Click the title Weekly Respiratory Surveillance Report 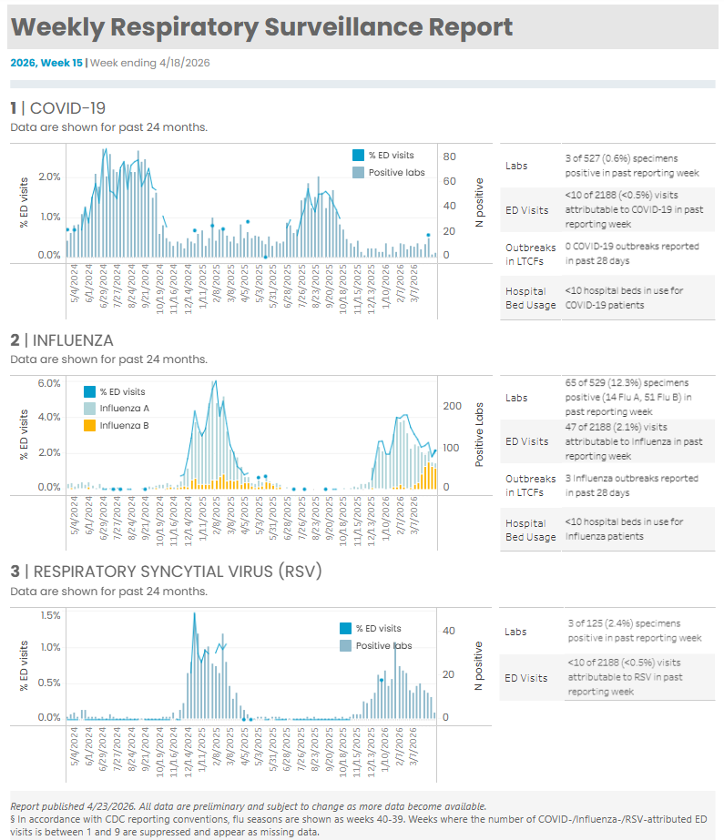262,27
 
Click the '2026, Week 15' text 46,63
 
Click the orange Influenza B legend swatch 89,425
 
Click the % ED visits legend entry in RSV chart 377,629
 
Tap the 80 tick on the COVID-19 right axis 449,157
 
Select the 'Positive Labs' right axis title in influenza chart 479,435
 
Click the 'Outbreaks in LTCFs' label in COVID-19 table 530,253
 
